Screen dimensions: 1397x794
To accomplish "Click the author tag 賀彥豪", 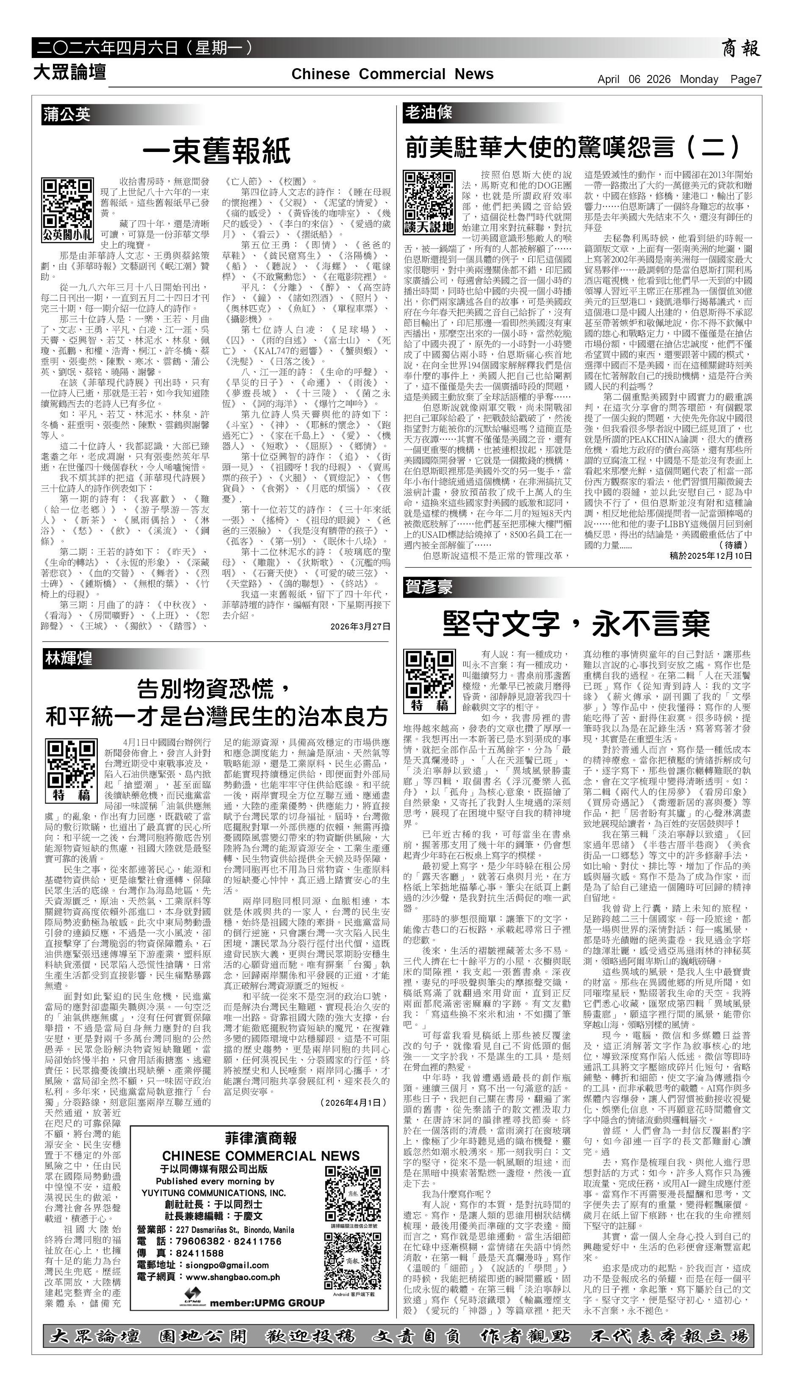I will click(x=429, y=587).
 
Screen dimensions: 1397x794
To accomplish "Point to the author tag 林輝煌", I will click(x=69, y=658).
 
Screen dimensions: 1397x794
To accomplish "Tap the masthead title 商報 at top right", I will click(x=741, y=49).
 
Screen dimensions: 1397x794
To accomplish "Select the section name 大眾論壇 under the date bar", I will click(x=69, y=72).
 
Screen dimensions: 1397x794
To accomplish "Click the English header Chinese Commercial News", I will click(x=392, y=74).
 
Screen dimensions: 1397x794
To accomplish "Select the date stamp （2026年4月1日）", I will click(x=353, y=705).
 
